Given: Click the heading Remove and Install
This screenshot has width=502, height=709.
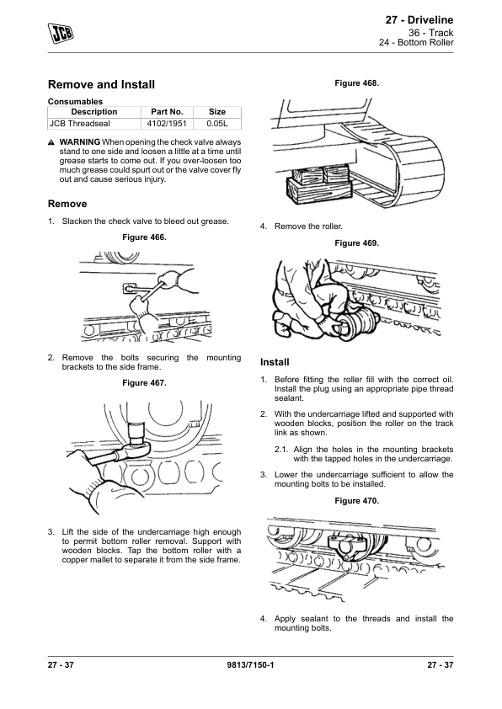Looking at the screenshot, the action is (x=101, y=84).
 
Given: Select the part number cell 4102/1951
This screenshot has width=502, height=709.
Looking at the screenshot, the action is (x=167, y=124).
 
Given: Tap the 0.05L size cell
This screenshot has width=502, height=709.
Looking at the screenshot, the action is (x=217, y=124).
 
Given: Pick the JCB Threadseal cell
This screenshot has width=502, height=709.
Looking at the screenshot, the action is (x=94, y=124).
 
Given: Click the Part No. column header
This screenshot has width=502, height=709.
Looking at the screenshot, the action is (x=167, y=112).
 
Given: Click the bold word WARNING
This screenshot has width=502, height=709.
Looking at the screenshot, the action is (x=80, y=142).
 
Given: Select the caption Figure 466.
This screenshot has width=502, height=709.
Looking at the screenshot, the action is (x=144, y=237).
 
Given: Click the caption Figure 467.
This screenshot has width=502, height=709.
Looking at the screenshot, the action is (x=144, y=383).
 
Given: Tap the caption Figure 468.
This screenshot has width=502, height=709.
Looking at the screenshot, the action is (x=357, y=83).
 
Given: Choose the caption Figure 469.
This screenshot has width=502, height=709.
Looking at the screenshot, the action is (x=357, y=243).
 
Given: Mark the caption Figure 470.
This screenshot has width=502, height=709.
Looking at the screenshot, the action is (x=357, y=500).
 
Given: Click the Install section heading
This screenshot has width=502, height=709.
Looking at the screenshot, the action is (x=275, y=362).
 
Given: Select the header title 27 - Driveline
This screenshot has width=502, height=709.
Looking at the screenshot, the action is (x=419, y=20).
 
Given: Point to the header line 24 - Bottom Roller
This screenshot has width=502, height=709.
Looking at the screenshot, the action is (x=416, y=42).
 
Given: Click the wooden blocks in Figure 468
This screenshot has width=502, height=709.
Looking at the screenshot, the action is (x=319, y=184).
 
